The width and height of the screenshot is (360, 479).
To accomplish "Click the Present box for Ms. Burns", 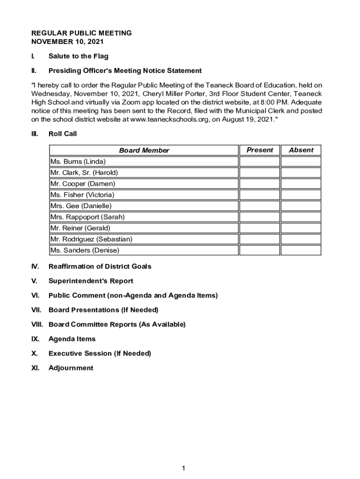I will click(x=259, y=161).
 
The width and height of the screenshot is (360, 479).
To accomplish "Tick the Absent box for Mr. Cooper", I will click(x=301, y=184).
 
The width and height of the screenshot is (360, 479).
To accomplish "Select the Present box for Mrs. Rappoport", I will click(x=259, y=217).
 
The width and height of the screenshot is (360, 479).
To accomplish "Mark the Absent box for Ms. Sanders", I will click(x=301, y=250).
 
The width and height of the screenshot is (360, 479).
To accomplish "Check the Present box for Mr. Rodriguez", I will click(x=259, y=239).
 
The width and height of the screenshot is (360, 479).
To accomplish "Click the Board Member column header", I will click(x=144, y=150).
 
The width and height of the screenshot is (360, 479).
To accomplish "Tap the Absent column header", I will click(x=301, y=150).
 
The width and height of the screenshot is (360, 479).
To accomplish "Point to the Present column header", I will click(x=259, y=150).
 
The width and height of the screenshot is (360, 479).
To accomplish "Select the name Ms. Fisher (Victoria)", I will click(x=82, y=195).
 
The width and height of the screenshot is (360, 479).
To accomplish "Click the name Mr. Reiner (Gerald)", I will click(x=80, y=228).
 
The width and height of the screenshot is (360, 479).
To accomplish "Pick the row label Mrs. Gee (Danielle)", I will click(x=81, y=206).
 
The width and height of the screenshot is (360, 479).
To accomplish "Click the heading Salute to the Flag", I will click(x=78, y=56).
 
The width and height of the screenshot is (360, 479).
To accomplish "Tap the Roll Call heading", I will click(x=63, y=134).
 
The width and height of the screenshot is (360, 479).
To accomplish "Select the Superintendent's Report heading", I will click(x=91, y=281).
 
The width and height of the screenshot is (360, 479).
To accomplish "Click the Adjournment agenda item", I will click(x=71, y=368).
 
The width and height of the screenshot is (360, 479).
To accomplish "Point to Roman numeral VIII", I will click(x=37, y=324).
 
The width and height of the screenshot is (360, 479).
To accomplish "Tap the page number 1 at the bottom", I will click(x=184, y=468).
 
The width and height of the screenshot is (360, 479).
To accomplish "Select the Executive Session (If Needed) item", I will click(x=100, y=353).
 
